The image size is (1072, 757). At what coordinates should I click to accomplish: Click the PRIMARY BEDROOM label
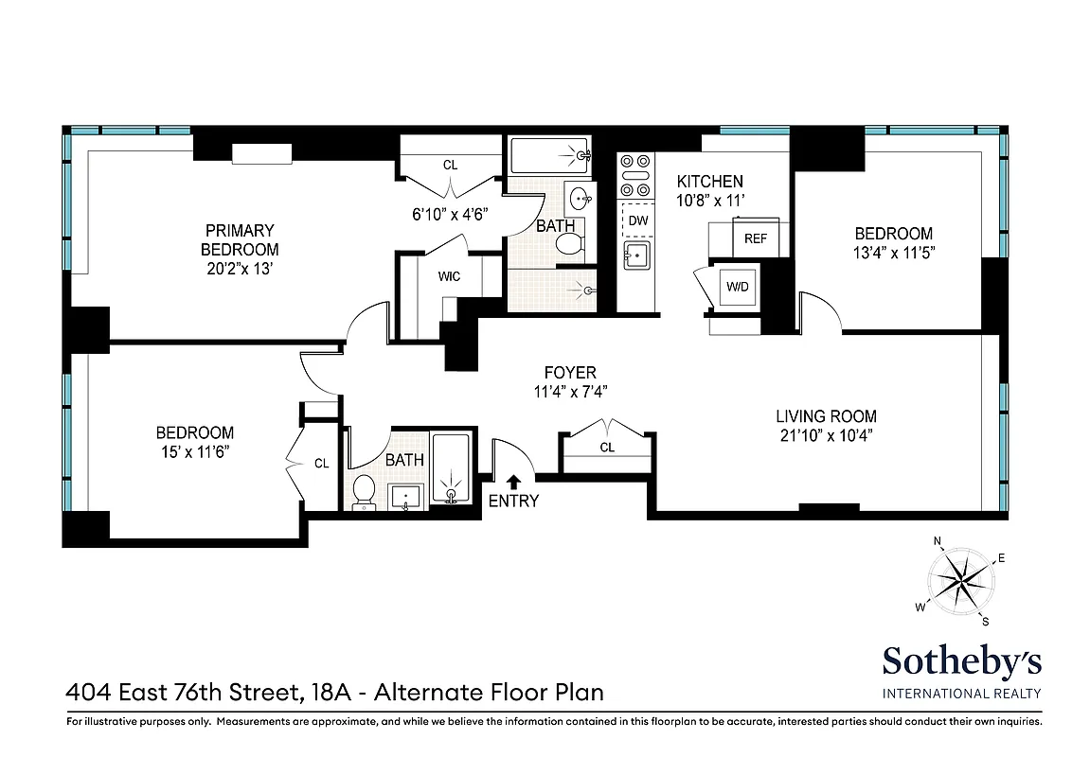(x=240, y=230)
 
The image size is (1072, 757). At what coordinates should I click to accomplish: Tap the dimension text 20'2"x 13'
(x=240, y=269)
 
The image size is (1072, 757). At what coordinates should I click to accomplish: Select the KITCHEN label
(x=709, y=181)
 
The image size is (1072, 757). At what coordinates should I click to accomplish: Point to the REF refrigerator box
(x=755, y=238)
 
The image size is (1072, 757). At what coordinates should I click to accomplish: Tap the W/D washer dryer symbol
(x=736, y=287)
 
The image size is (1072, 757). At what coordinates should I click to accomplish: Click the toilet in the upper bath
(x=566, y=244)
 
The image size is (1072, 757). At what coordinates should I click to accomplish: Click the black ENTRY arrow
(x=514, y=482)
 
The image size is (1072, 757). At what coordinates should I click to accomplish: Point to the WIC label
(x=448, y=277)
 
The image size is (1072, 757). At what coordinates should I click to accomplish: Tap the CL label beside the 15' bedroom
(x=321, y=463)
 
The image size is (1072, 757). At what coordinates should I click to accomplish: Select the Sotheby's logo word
(x=962, y=660)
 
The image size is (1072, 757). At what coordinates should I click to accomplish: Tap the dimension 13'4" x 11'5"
(x=892, y=253)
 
